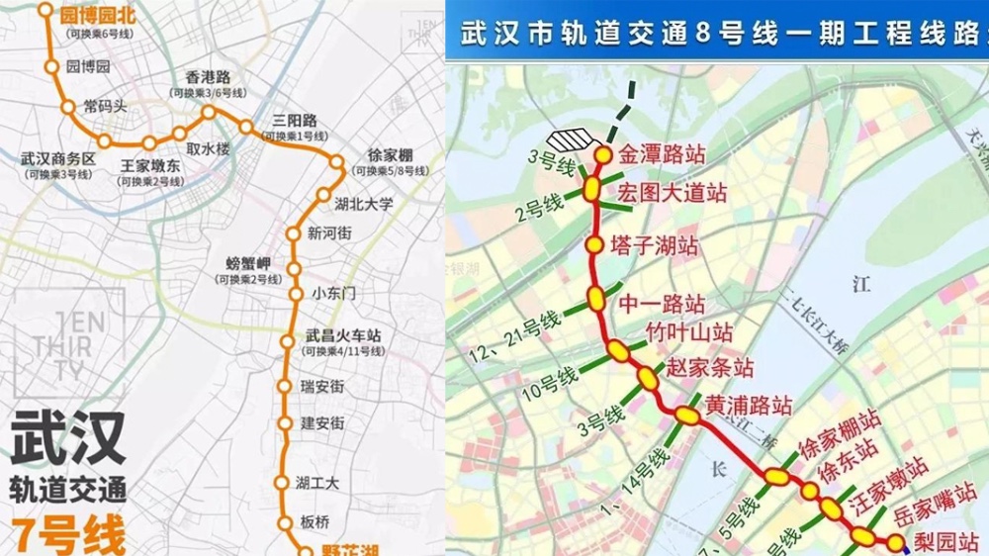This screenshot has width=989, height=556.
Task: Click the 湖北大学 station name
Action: [364, 204]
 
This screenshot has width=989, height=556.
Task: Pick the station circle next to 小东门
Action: [295, 294]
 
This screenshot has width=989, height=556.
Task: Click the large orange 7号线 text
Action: [69, 535]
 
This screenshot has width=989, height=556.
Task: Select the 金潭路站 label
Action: [662, 154]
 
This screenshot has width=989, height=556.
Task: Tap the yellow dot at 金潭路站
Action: [602, 155]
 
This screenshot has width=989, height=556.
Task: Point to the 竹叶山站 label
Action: [689, 331]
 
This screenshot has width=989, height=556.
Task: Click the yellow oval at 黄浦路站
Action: [687, 417]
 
